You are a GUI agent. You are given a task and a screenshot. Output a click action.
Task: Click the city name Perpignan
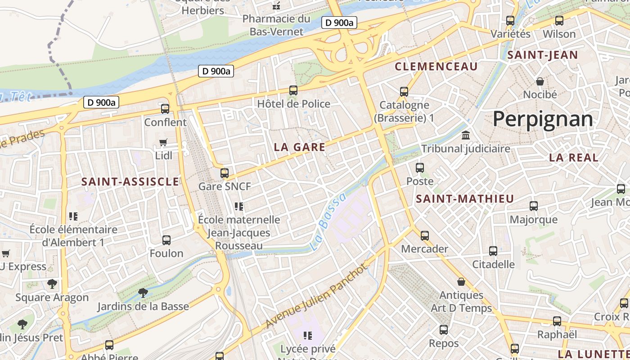click(x=543, y=119)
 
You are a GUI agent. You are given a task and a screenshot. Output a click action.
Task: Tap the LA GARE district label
click(x=300, y=147)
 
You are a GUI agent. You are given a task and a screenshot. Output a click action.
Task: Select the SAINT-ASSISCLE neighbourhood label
click(x=130, y=182)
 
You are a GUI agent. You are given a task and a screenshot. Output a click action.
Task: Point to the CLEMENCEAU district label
click(x=436, y=67)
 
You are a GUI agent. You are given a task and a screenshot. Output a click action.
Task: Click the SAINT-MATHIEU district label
click(x=464, y=199)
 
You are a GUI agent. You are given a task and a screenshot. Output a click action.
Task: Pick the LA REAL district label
click(x=574, y=157)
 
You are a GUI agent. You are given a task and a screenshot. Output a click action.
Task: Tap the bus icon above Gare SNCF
click(x=225, y=173)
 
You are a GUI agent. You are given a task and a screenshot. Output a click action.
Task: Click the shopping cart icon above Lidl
click(x=163, y=143)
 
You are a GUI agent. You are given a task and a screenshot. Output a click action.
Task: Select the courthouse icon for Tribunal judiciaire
click(x=466, y=135)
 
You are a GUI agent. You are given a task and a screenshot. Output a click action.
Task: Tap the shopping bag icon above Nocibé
click(x=540, y=81)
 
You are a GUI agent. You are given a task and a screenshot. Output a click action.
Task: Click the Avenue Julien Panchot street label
click(x=316, y=296)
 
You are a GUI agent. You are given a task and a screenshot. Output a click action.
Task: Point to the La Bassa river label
click(x=328, y=222)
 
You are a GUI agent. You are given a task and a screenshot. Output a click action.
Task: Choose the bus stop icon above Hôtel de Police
click(x=293, y=90)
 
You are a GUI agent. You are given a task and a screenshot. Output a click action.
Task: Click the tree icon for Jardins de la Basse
click(x=143, y=293)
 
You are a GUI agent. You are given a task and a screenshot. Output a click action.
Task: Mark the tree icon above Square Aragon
click(x=52, y=284)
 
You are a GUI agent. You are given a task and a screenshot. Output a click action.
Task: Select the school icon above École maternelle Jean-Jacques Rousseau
click(x=239, y=207)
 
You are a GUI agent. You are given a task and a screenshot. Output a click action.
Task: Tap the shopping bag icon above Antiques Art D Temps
click(x=461, y=282)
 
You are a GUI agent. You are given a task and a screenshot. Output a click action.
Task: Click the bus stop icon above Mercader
click(x=425, y=235)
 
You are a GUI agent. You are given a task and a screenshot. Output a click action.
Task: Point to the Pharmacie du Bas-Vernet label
click(x=276, y=25)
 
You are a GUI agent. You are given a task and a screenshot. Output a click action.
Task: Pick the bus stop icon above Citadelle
click(x=493, y=251)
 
